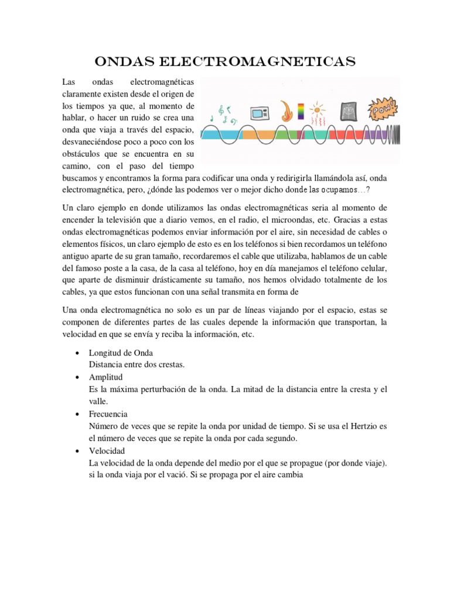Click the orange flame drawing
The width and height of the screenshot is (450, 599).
[285, 111]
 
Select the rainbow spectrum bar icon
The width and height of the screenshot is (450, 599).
[301, 111]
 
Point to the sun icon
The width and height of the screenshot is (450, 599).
[318, 109]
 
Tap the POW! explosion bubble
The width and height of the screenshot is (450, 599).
[383, 109]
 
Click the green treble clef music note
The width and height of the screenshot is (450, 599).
[221, 110]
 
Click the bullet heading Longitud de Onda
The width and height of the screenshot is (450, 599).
[120, 353]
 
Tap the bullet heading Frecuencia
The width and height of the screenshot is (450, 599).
[108, 414]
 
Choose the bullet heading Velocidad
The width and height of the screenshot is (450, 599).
[106, 450]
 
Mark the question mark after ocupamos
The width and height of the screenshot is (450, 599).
[368, 190]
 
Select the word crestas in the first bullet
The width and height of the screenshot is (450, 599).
[171, 364]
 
